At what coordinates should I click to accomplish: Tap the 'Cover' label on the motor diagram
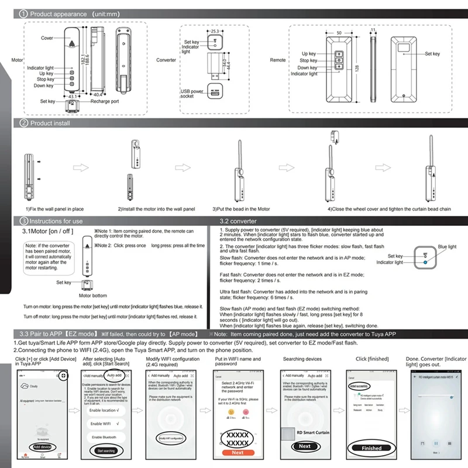(x=47, y=38)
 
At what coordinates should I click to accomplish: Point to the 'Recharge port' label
(x=105, y=101)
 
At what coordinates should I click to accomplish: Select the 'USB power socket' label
(x=192, y=94)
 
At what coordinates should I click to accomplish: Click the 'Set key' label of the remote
(x=432, y=54)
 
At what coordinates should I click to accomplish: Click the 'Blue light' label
(x=447, y=247)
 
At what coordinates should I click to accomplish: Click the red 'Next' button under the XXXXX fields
(x=238, y=452)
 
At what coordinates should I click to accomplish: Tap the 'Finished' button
(x=372, y=448)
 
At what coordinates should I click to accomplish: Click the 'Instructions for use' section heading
(x=56, y=222)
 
